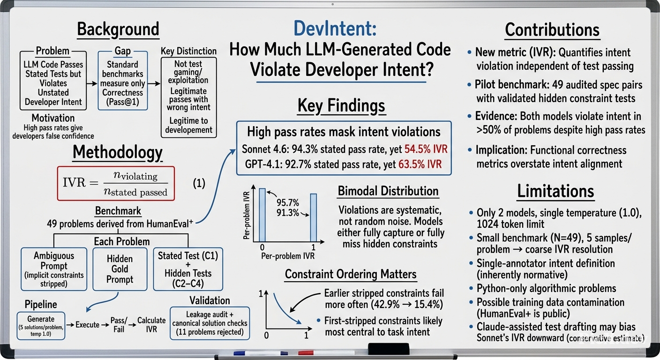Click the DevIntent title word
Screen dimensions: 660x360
pos(335,29)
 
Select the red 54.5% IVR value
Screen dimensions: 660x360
pos(426,149)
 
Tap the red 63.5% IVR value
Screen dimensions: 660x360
pos(420,165)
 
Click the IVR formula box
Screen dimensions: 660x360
pos(116,183)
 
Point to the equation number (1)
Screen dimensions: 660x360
pos(199,183)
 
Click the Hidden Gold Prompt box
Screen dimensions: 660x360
pos(120,269)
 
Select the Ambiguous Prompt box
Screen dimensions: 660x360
pos(54,269)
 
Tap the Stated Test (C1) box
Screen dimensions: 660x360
pos(188,269)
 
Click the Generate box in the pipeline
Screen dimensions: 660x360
pos(41,326)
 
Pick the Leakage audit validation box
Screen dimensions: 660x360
pos(210,323)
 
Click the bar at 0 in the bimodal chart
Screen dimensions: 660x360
pos(262,215)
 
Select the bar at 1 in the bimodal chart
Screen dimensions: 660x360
pos(314,217)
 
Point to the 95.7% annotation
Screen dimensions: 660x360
pos(287,202)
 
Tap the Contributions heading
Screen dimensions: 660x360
pos(553,30)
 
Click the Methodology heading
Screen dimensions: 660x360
pos(118,153)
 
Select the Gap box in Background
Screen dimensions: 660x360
pos(123,81)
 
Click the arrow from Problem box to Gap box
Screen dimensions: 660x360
pos(92,83)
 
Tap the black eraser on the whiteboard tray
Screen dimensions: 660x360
pos(389,349)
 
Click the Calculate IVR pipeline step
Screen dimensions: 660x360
pos(151,325)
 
